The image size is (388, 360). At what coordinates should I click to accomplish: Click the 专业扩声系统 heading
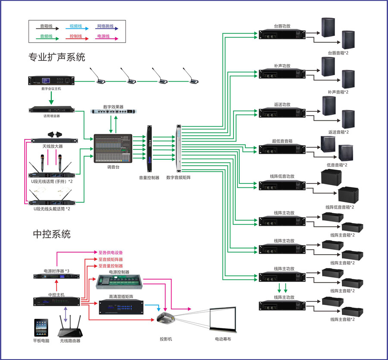57,57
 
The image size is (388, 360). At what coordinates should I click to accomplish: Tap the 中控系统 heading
52,234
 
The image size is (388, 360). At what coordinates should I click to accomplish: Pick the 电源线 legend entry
103,37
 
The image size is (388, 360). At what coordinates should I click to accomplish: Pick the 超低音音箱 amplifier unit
282,149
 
